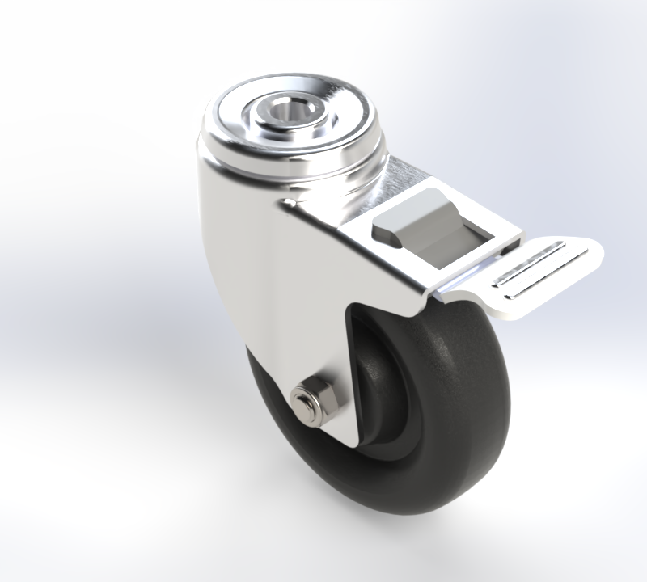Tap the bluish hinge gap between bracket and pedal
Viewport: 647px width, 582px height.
tap(469, 279)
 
